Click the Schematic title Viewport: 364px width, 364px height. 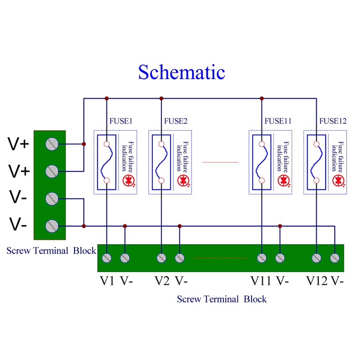click(182, 72)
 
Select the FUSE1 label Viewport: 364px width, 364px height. click(121, 121)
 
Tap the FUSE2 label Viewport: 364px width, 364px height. click(175, 121)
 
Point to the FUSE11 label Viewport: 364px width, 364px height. click(278, 121)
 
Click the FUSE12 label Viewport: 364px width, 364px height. click(333, 121)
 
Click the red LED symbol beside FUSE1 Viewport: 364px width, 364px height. click(129, 180)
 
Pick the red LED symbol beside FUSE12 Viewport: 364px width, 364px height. click(339, 180)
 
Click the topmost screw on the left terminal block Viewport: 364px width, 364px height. click(52, 144)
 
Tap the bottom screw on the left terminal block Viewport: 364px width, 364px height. click(52, 226)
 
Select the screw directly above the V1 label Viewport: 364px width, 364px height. click(107, 258)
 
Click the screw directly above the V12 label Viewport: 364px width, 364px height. click(317, 258)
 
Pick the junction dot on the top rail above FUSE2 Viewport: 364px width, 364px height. click(162, 98)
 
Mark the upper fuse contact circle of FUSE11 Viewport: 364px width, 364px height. click(262, 144)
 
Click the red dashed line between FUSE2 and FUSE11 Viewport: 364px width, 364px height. click(220, 162)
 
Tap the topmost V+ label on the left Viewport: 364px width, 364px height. click(19, 145)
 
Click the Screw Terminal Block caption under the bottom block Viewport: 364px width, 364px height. click(222, 299)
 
